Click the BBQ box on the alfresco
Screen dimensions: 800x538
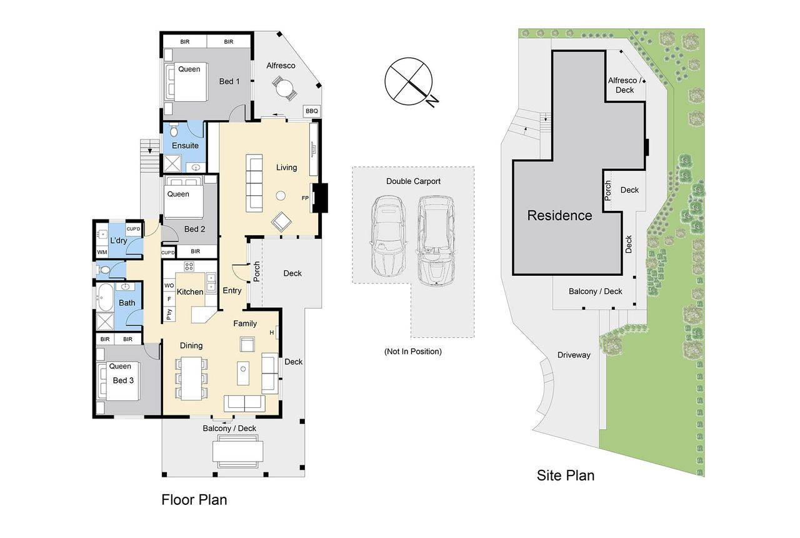311,111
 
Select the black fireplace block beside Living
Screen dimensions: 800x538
320,198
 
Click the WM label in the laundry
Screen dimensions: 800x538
102,252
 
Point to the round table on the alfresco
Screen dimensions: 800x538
284,88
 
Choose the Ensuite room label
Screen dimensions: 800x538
185,146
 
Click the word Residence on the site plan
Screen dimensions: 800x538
559,216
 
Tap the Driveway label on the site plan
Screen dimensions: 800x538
574,355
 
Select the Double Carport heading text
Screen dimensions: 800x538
413,181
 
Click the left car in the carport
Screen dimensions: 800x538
388,236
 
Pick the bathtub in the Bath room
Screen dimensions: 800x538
104,297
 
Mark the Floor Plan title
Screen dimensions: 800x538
194,500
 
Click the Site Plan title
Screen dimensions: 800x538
566,475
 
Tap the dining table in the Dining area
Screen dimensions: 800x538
191,378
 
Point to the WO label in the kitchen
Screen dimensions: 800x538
169,286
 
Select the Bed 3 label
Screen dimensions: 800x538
123,380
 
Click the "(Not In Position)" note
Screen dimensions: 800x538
413,352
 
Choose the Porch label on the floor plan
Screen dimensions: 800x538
256,272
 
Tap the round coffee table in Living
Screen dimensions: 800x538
281,196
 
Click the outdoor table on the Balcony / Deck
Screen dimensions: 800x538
238,451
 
